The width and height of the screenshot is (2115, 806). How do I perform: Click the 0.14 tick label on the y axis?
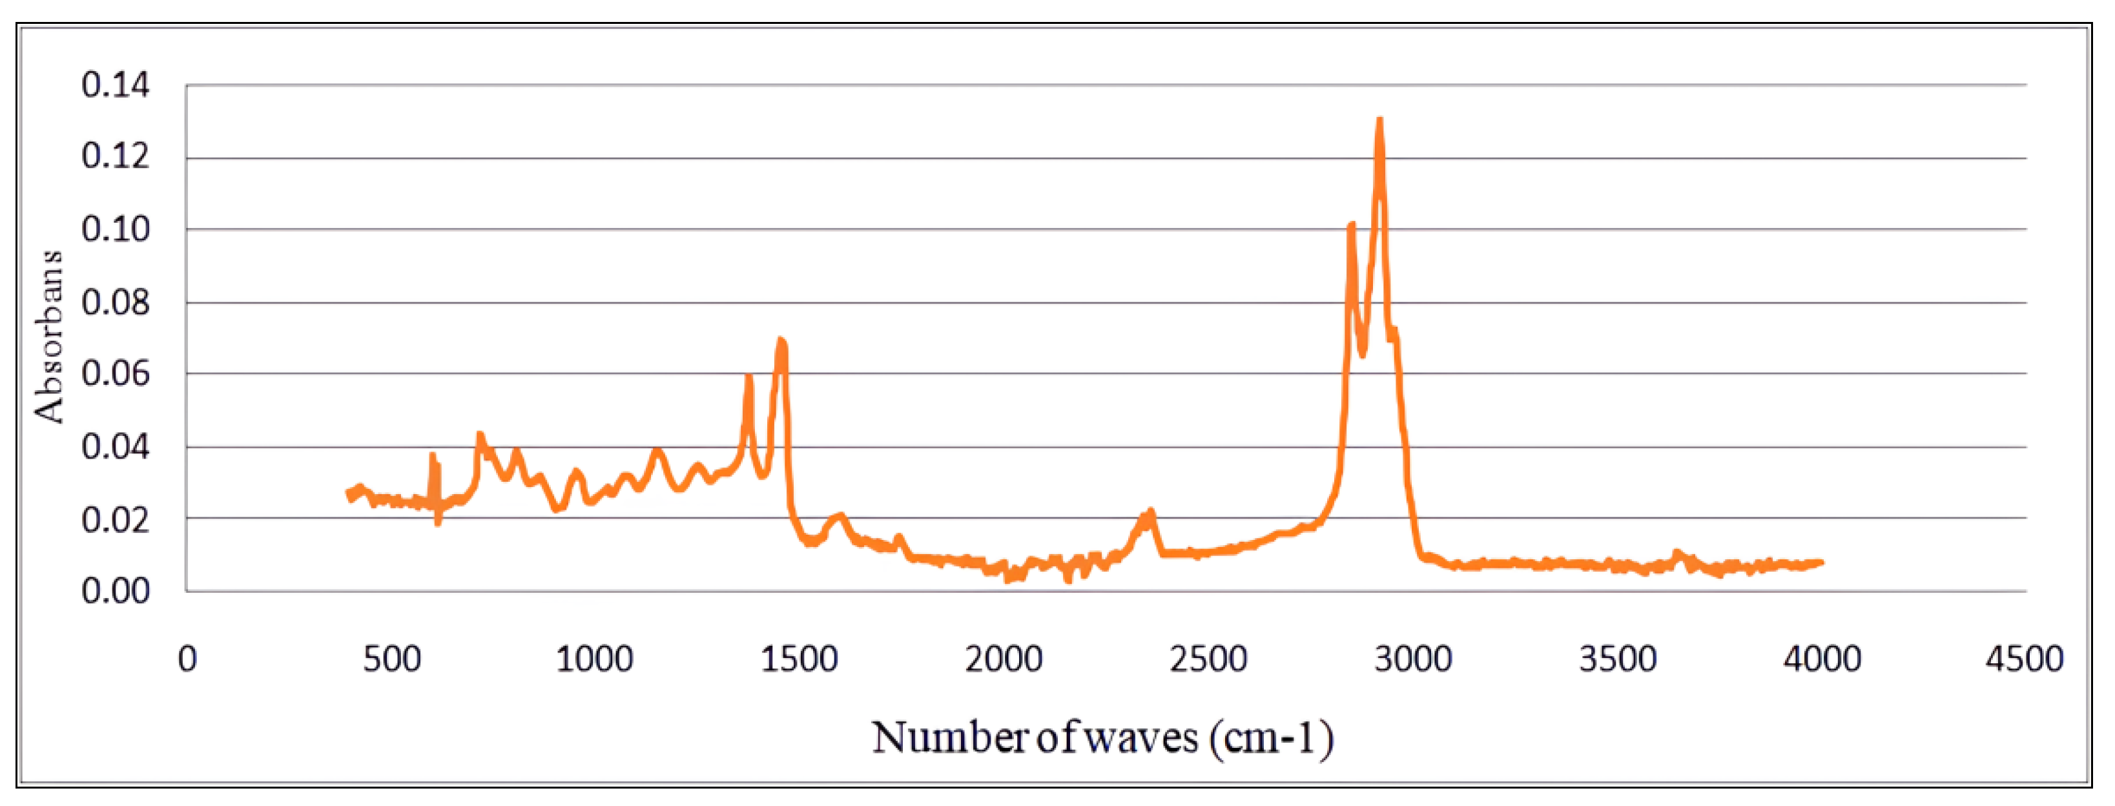coord(115,85)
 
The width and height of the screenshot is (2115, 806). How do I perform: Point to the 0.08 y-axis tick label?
coord(115,303)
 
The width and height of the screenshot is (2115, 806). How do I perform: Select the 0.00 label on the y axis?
coord(115,591)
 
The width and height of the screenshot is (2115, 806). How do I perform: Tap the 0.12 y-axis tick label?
coord(115,156)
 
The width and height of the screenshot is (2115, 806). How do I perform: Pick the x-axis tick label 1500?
coord(799,659)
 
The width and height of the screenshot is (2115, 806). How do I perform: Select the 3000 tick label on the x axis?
coord(1413,659)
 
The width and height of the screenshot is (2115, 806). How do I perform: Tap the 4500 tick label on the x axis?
coord(2025,659)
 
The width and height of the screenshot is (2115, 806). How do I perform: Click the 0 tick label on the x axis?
coord(187,659)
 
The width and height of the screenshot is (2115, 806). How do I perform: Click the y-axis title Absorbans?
coord(49,336)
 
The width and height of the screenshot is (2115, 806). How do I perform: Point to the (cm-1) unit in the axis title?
coord(1271,737)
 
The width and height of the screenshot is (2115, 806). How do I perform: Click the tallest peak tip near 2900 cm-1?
coord(1380,121)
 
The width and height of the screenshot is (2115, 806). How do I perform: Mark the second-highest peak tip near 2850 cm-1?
coord(1352,224)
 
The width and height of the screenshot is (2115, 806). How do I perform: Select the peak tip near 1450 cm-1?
coord(781,340)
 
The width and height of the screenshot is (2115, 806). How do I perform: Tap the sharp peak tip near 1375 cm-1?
coord(748,376)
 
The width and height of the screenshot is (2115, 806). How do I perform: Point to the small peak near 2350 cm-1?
coord(1150,512)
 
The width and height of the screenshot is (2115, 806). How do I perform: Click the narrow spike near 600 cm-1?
coord(433,455)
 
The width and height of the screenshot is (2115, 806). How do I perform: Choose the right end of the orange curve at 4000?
coord(1822,563)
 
